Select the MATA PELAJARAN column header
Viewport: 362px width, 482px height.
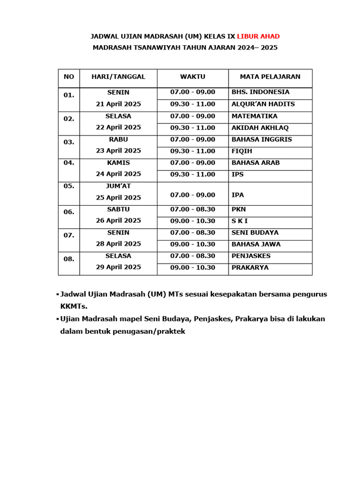coord(270,77)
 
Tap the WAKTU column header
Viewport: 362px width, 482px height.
coord(193,77)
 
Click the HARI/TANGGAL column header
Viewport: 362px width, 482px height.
coord(118,77)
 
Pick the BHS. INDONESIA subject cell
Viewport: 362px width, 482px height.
coord(261,92)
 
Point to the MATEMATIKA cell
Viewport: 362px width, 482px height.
coord(255,116)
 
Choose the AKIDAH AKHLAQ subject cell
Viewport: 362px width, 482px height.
coord(260,128)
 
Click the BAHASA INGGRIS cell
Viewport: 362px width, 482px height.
coord(262,140)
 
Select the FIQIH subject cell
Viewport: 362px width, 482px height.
coord(242,152)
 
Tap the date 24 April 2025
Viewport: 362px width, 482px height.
coord(118,174)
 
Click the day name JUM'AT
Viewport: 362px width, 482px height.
coord(118,186)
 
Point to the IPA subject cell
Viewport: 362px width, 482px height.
coord(238,195)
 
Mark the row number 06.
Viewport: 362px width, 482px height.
coord(69,212)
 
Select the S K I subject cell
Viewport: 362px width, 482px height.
coord(240,221)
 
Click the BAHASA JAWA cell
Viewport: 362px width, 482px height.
coord(256,244)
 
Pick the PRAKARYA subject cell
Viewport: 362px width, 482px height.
coord(250,268)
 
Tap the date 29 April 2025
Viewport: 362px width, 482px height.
coord(118,267)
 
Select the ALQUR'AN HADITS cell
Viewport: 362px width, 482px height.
coord(263,104)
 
